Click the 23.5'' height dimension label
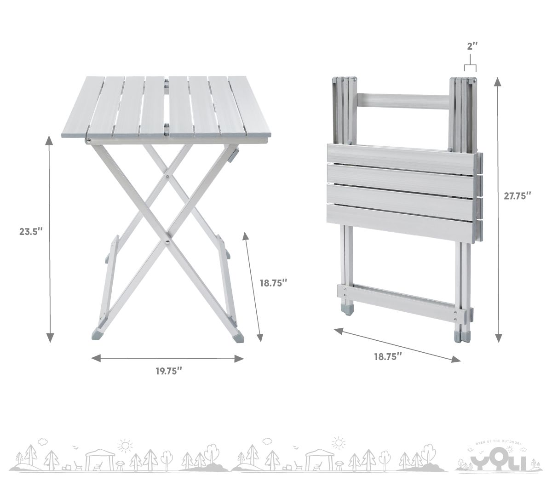point(31,231)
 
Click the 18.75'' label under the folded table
point(388,357)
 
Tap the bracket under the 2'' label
point(470,65)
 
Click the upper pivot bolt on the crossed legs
point(168,177)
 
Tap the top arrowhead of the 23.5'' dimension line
point(49,140)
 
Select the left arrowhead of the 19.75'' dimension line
point(96,358)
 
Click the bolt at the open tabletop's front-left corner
point(88,140)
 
